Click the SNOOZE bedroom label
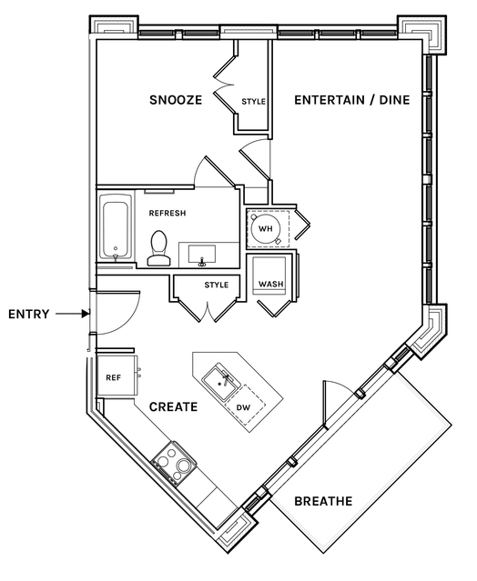pos(176,100)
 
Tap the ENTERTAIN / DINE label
pos(352,100)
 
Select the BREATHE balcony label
pos(323,501)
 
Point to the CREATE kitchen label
pos(173,406)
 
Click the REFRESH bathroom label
pos(167,213)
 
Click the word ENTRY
pos(28,315)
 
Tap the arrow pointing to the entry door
pos(73,314)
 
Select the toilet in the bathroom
pos(159,248)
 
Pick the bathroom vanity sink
pos(202,255)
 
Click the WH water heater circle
pos(266,228)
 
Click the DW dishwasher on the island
pos(245,406)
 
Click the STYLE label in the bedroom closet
pos(253,102)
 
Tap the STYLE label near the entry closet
pos(217,285)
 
